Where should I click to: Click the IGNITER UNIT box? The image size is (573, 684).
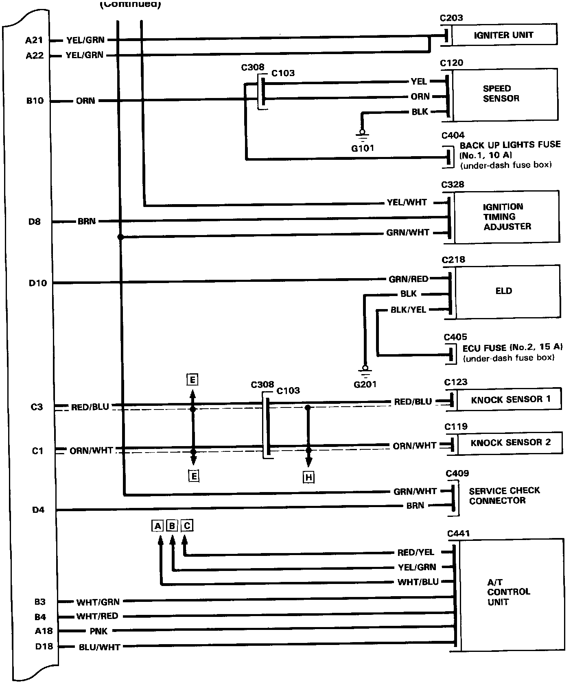(503, 35)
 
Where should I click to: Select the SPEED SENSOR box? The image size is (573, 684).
(504, 94)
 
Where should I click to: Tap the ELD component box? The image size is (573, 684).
(507, 291)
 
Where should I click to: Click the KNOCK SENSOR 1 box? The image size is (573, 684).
(510, 400)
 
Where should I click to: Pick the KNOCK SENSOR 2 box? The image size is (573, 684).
(510, 442)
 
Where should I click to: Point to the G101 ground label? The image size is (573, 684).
(362, 148)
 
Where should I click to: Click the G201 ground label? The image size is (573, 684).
(365, 384)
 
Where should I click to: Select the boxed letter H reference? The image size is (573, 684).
(309, 477)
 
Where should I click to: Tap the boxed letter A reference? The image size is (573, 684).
(157, 526)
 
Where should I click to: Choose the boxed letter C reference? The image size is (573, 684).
(187, 526)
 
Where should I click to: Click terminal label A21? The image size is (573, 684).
(34, 40)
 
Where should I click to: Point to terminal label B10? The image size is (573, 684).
(35, 101)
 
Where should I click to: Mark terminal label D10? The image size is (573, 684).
(37, 283)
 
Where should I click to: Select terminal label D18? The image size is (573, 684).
(44, 646)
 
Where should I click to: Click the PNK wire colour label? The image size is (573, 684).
(98, 632)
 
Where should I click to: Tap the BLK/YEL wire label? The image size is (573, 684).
(408, 310)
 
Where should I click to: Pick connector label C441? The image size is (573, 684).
(458, 534)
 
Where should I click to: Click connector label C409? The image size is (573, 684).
(457, 473)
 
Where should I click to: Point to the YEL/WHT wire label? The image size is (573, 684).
(407, 203)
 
